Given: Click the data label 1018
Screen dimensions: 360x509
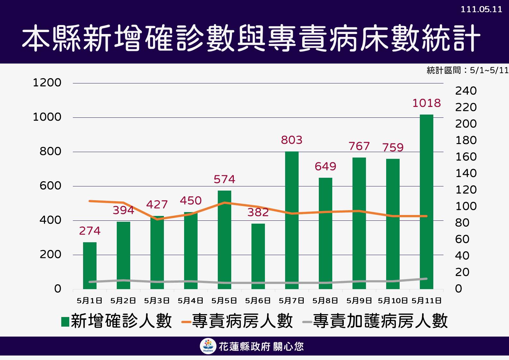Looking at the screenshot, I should point(426,103).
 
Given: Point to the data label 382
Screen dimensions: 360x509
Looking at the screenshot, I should point(258,212).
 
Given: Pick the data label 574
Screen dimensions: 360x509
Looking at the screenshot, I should point(224,179).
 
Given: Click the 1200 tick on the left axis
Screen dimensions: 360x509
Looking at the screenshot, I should point(47,83).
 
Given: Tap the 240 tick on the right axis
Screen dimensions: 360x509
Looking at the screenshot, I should point(466,91).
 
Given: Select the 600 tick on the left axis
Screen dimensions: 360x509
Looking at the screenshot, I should point(50,186).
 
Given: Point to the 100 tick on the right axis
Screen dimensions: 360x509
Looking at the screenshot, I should point(466,206).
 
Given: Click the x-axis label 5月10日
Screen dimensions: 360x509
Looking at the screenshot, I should point(393,301).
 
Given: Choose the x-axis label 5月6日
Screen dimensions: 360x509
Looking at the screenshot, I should point(258,301).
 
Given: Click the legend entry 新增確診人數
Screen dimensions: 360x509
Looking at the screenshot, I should point(117,321).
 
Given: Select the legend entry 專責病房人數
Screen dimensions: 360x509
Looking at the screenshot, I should point(237,321).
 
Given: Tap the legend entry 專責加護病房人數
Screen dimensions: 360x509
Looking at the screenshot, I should point(375,321).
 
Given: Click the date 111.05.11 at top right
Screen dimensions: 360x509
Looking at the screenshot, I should point(481,9).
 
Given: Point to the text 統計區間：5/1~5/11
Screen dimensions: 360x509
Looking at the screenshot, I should point(467,70).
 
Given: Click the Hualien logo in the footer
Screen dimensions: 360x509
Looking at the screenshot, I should point(208,347).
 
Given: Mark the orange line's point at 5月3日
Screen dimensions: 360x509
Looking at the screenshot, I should point(157,219).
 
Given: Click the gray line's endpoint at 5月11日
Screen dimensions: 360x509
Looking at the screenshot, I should point(426,279).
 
